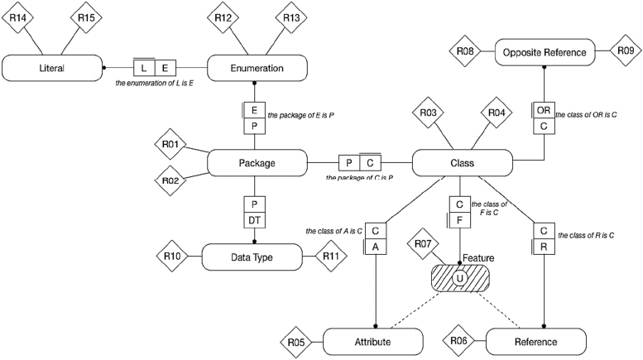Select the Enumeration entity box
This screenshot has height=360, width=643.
(x=257, y=68)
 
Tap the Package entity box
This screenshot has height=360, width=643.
(x=257, y=162)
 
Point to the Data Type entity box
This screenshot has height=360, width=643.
(x=252, y=257)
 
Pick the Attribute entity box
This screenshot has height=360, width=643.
(x=373, y=340)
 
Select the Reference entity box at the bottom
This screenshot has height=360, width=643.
(x=536, y=340)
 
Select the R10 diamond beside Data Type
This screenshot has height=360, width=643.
(x=171, y=257)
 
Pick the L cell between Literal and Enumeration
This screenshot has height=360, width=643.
(x=146, y=68)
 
